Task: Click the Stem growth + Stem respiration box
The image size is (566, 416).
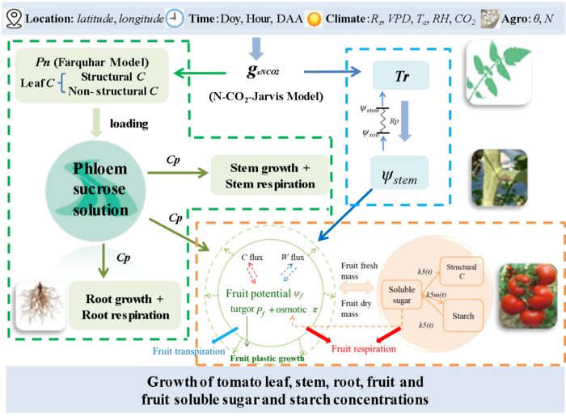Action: (270, 172)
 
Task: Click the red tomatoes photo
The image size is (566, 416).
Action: (527, 288)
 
